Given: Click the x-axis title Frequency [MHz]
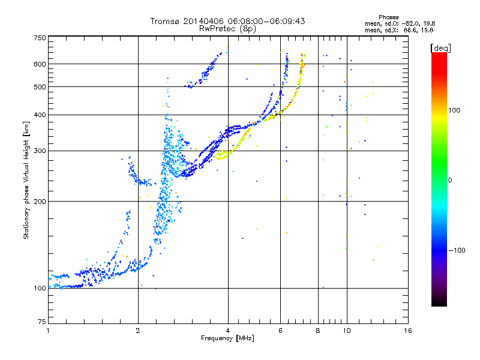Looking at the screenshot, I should [228, 339].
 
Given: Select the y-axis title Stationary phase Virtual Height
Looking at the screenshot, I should [26, 180].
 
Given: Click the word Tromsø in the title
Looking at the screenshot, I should [166, 21].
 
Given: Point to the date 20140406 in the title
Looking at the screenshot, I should [205, 21].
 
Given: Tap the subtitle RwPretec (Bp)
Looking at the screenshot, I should [228, 28].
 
